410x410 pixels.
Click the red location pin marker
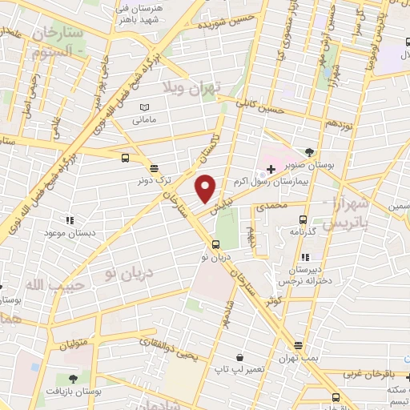tap(206, 188)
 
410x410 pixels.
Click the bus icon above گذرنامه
tap(302, 218)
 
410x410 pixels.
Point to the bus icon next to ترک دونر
tap(127, 158)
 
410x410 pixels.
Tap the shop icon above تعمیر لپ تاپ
tap(239, 357)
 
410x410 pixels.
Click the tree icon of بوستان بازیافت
tap(73, 378)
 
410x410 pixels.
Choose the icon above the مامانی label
tap(144, 107)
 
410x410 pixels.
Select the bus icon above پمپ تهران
tap(298, 346)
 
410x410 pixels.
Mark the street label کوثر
tap(275, 299)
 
